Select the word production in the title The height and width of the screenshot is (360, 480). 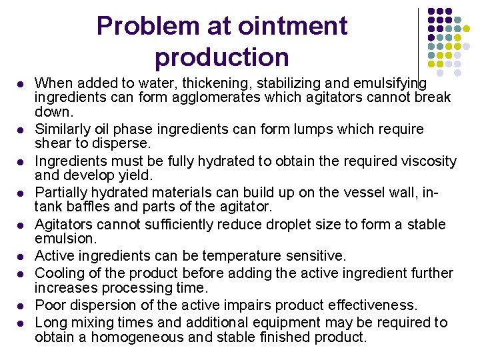pyautogui.click(x=222, y=57)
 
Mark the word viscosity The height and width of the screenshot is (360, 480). pyautogui.click(x=425, y=161)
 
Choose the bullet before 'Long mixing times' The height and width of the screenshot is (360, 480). pyautogui.click(x=20, y=324)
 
